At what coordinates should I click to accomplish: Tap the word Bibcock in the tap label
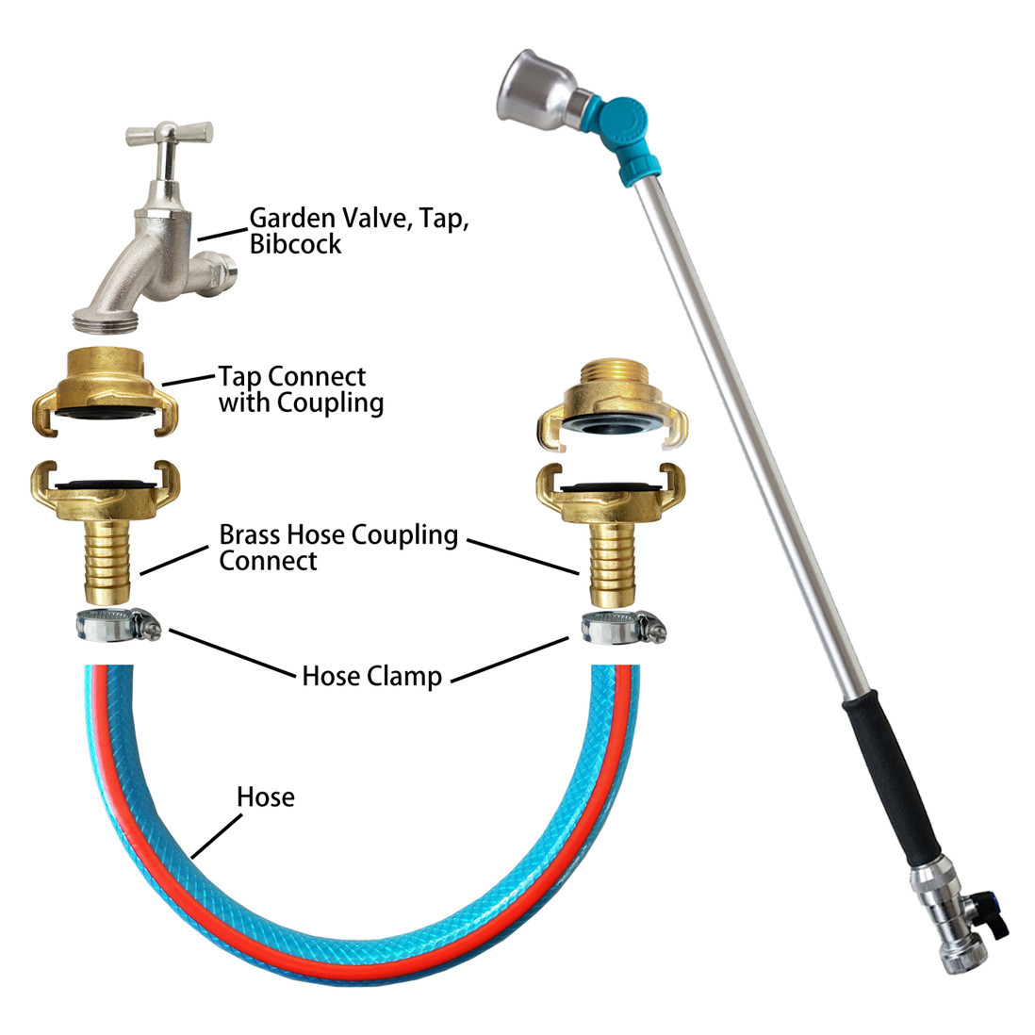(295, 244)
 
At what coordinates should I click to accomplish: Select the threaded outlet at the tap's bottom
(107, 320)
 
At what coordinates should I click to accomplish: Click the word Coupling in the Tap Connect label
(330, 402)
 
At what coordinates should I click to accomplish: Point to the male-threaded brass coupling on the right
(612, 405)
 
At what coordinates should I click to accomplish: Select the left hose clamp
(118, 625)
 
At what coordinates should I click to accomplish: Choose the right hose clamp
(623, 628)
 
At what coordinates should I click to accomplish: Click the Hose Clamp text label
(371, 677)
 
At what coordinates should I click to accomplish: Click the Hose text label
(266, 797)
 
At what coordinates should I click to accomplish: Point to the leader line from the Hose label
(217, 836)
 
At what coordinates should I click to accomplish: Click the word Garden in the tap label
(292, 218)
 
